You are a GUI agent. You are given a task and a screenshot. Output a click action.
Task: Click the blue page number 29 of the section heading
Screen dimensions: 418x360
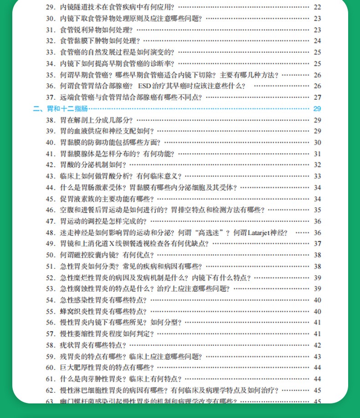[317, 109]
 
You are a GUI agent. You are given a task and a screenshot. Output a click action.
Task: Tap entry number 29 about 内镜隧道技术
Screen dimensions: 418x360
[50, 7]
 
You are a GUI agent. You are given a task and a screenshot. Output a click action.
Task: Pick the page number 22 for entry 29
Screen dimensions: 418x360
[317, 7]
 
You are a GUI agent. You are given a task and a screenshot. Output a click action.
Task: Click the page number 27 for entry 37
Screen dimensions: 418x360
[317, 97]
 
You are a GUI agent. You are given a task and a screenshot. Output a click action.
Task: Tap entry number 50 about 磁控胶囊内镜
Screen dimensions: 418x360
[50, 255]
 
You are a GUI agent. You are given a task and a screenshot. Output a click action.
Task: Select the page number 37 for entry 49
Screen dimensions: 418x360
[317, 244]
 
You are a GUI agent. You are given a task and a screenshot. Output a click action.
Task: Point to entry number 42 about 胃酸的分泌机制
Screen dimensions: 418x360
[50, 165]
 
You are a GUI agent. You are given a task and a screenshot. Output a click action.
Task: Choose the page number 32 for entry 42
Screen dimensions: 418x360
[317, 165]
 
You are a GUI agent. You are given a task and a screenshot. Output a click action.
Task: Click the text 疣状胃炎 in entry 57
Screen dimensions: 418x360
[73, 345]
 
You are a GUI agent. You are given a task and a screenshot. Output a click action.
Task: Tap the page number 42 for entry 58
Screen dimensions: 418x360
[317, 345]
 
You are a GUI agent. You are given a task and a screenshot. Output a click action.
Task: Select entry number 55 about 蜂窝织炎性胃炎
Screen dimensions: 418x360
[50, 311]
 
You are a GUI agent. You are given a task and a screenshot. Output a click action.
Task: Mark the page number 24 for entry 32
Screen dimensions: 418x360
[317, 41]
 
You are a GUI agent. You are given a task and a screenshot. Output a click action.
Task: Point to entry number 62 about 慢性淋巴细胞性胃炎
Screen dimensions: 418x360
[50, 390]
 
